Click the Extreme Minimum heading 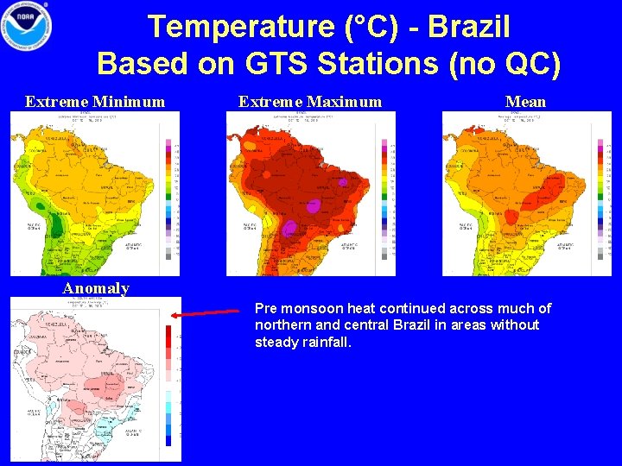pyautogui.click(x=95, y=102)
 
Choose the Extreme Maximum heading pyautogui.click(x=309, y=102)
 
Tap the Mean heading pyautogui.click(x=525, y=102)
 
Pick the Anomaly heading pyautogui.click(x=96, y=288)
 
